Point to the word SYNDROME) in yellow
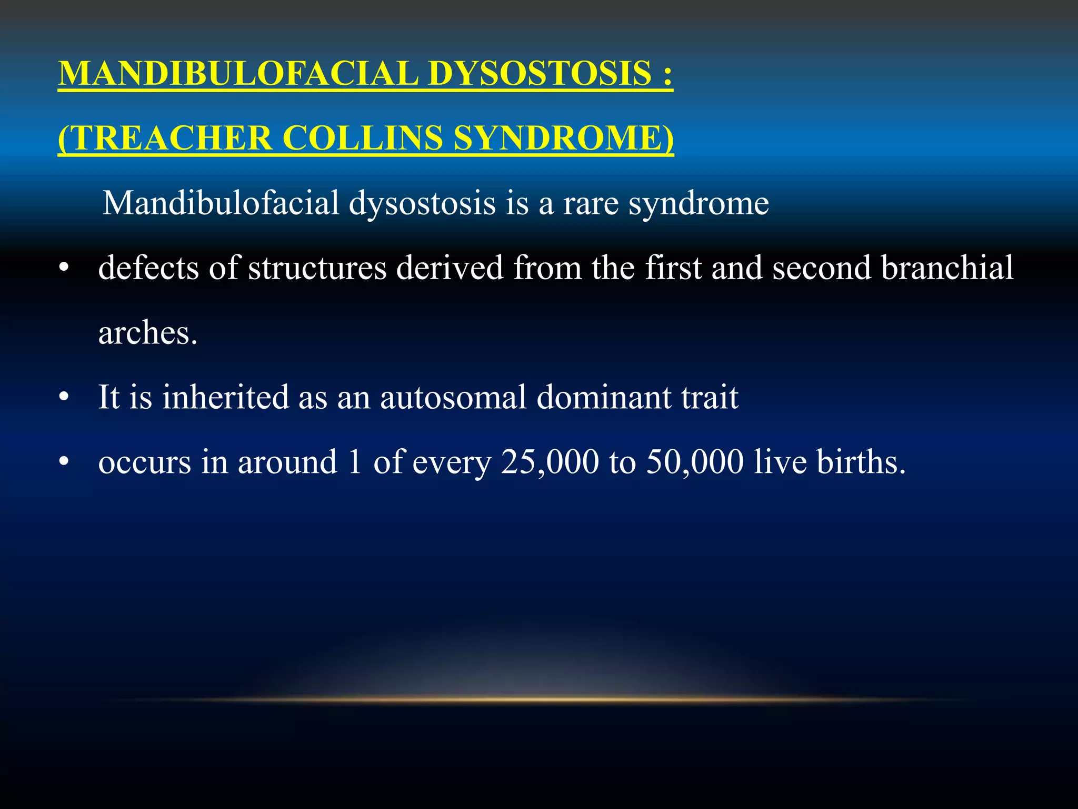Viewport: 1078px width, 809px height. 563,138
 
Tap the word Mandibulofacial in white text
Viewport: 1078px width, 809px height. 221,203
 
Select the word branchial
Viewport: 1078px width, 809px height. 947,268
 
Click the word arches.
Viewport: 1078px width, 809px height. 148,333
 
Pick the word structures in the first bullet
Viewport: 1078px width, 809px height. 317,268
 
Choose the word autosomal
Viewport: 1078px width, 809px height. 453,397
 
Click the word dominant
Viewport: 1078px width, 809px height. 604,397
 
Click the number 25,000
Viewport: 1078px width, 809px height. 550,462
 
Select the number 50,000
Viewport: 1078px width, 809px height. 695,462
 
